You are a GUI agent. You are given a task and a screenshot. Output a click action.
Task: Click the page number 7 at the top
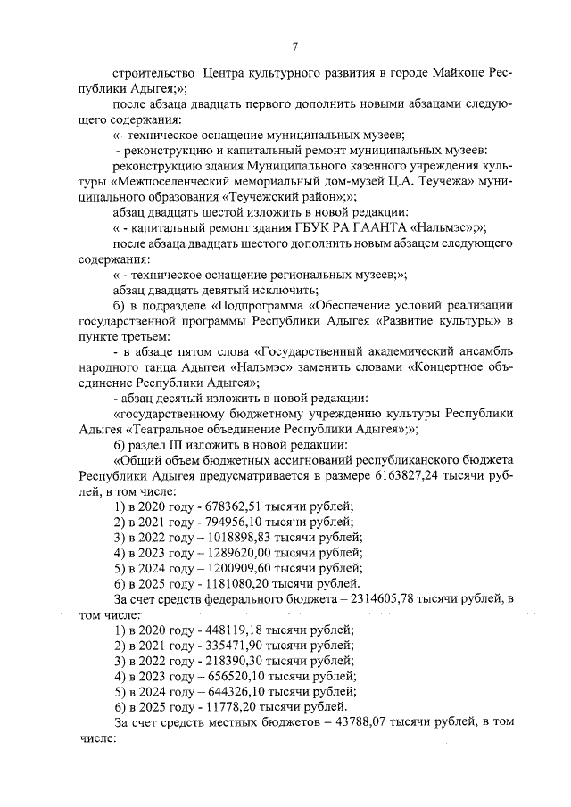point(294,47)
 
